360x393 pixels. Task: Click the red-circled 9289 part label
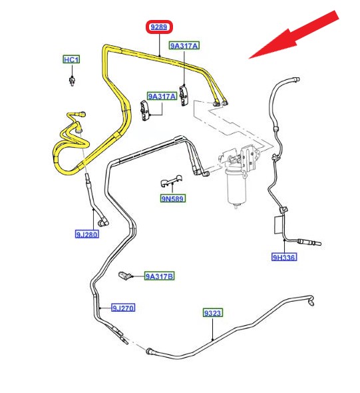pos(159,27)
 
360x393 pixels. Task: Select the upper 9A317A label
pos(184,45)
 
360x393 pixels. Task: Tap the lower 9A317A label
pos(162,96)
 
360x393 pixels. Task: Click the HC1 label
pos(71,60)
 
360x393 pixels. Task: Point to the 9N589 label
pos(173,198)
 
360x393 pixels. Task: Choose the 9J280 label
pos(87,234)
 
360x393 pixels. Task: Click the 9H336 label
pos(284,257)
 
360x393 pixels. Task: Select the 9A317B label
pos(160,276)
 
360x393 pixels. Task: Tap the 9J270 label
pos(123,308)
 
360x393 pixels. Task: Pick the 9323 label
pos(212,313)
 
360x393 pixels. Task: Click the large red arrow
pos(293,35)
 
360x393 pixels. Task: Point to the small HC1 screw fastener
pos(72,81)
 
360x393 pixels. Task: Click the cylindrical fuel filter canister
pos(236,187)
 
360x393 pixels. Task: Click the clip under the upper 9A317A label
pos(184,95)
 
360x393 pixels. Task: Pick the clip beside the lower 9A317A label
pos(145,111)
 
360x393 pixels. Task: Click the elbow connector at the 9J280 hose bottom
pos(103,222)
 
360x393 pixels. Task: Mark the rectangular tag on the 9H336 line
pos(279,225)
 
